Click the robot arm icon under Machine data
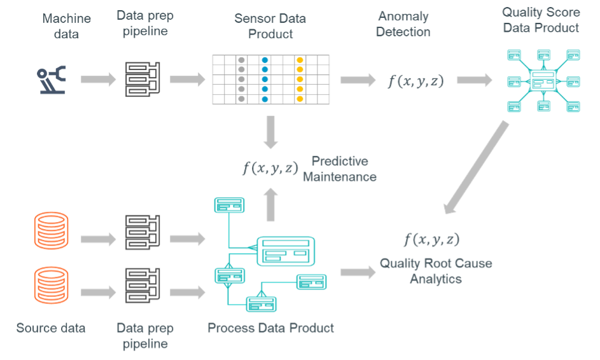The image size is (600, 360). (x=52, y=80)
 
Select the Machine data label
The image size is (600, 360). (x=66, y=26)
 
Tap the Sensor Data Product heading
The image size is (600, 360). (x=271, y=26)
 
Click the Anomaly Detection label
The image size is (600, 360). (x=403, y=24)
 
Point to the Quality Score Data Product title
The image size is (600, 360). (x=541, y=20)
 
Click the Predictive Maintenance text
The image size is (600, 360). (x=339, y=169)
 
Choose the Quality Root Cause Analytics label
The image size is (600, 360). (x=436, y=270)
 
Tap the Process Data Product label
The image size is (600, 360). (x=271, y=328)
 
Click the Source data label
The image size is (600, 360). (x=51, y=328)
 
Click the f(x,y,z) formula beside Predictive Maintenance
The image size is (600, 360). (x=270, y=169)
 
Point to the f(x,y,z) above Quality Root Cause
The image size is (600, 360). (x=432, y=240)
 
